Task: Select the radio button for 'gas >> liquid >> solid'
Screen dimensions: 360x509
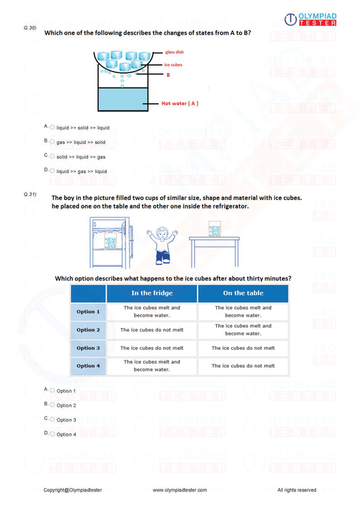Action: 53,142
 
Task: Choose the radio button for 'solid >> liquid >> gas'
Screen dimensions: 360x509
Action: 53,156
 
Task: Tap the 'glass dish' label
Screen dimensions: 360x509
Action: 174,52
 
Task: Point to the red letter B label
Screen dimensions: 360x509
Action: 168,75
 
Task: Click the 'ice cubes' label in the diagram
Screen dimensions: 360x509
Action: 173,65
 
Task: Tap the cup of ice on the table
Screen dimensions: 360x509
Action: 215,230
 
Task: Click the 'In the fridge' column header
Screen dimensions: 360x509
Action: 151,293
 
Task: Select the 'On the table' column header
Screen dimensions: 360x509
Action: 242,293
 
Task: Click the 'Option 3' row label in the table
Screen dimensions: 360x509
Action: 88,348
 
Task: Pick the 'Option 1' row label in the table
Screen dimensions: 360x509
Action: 88,311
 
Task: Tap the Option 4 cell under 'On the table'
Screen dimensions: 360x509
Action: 242,366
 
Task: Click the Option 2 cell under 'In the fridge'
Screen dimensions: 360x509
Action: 151,329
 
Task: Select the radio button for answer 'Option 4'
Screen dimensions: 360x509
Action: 53,433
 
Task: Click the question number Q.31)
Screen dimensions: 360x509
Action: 30,194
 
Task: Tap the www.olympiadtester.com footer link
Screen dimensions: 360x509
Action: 180,489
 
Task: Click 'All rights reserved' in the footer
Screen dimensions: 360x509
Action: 297,489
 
